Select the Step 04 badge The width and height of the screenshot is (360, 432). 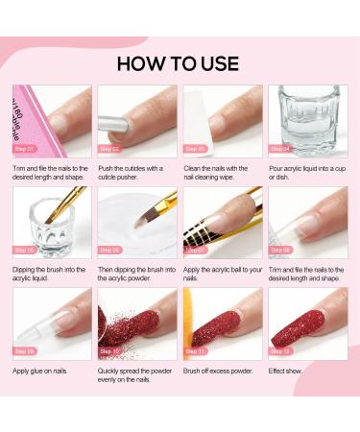click(280, 149)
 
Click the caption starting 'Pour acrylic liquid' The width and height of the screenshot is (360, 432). click(306, 172)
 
